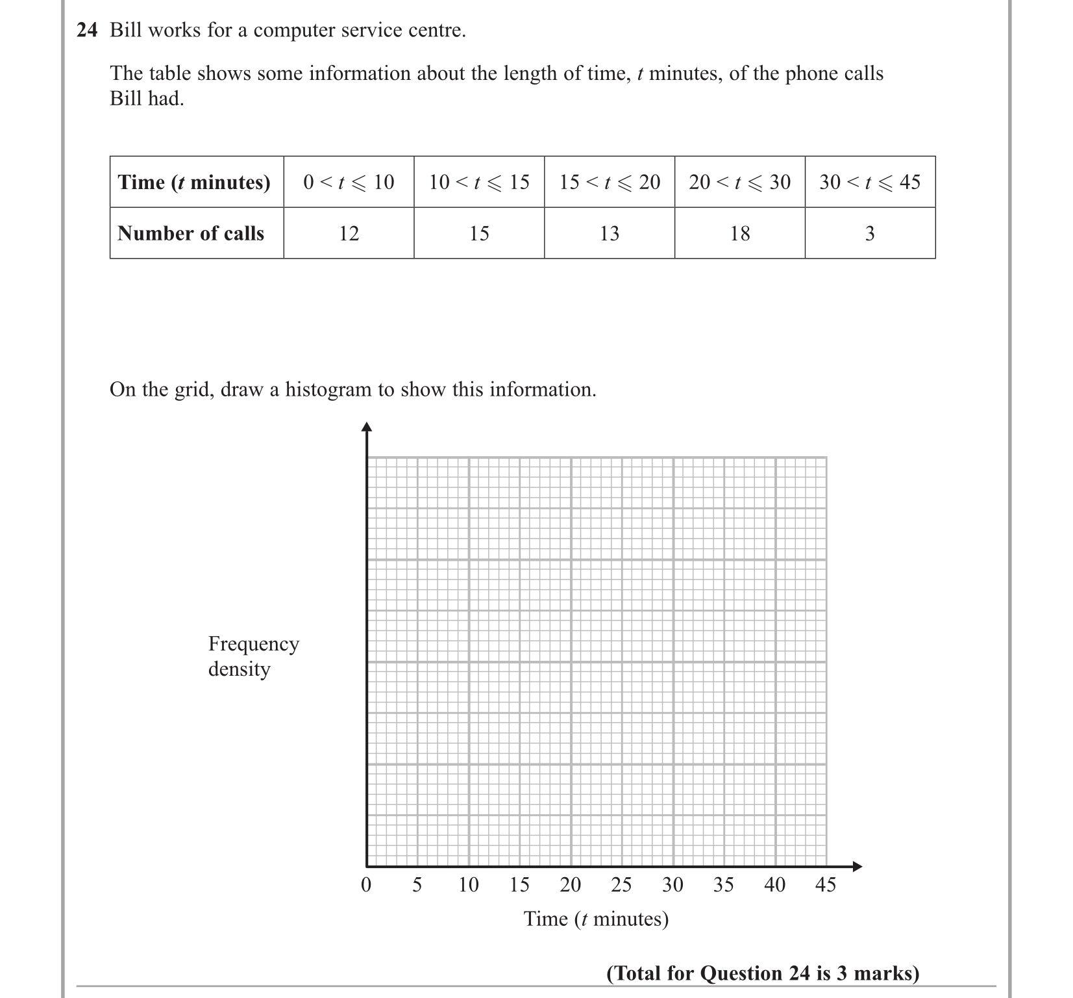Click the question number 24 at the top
(86, 31)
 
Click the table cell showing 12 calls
(349, 233)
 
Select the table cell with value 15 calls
(479, 233)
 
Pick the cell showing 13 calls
(610, 233)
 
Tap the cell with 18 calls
(740, 233)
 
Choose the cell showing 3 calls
(870, 233)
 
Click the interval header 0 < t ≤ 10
(349, 182)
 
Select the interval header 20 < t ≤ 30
(740, 182)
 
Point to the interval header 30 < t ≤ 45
(870, 182)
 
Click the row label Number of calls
(191, 233)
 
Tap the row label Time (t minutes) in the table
(194, 182)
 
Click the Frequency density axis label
(253, 656)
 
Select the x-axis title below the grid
(596, 919)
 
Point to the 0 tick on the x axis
(366, 885)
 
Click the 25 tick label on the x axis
(621, 885)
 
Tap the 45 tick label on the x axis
(826, 885)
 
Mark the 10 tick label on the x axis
(468, 885)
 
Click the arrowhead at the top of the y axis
(367, 427)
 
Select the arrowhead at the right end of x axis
(857, 866)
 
